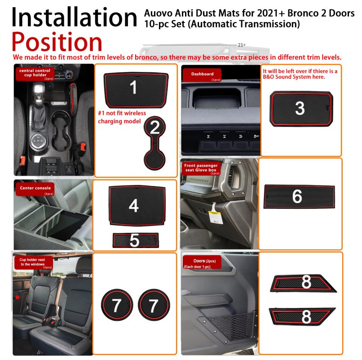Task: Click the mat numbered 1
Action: [x=136, y=90]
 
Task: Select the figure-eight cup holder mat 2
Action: [x=154, y=143]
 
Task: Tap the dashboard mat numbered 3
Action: [x=301, y=109]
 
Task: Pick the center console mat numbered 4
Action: [x=137, y=206]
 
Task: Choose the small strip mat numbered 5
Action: [x=136, y=240]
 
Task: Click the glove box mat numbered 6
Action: [x=299, y=197]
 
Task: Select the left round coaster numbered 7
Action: [x=117, y=305]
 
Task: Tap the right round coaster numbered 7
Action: [x=154, y=305]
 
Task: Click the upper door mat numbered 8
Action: [x=303, y=283]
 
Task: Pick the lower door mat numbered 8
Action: [x=302, y=316]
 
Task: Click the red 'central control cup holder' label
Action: [x=35, y=74]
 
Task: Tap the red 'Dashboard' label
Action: [x=202, y=75]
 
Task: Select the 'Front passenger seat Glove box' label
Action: [x=201, y=169]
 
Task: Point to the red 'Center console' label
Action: [x=35, y=189]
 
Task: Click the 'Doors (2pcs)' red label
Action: [x=202, y=262]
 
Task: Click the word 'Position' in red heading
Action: [x=57, y=42]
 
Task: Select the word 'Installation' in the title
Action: [x=74, y=17]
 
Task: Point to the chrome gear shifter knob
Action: [x=39, y=92]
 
